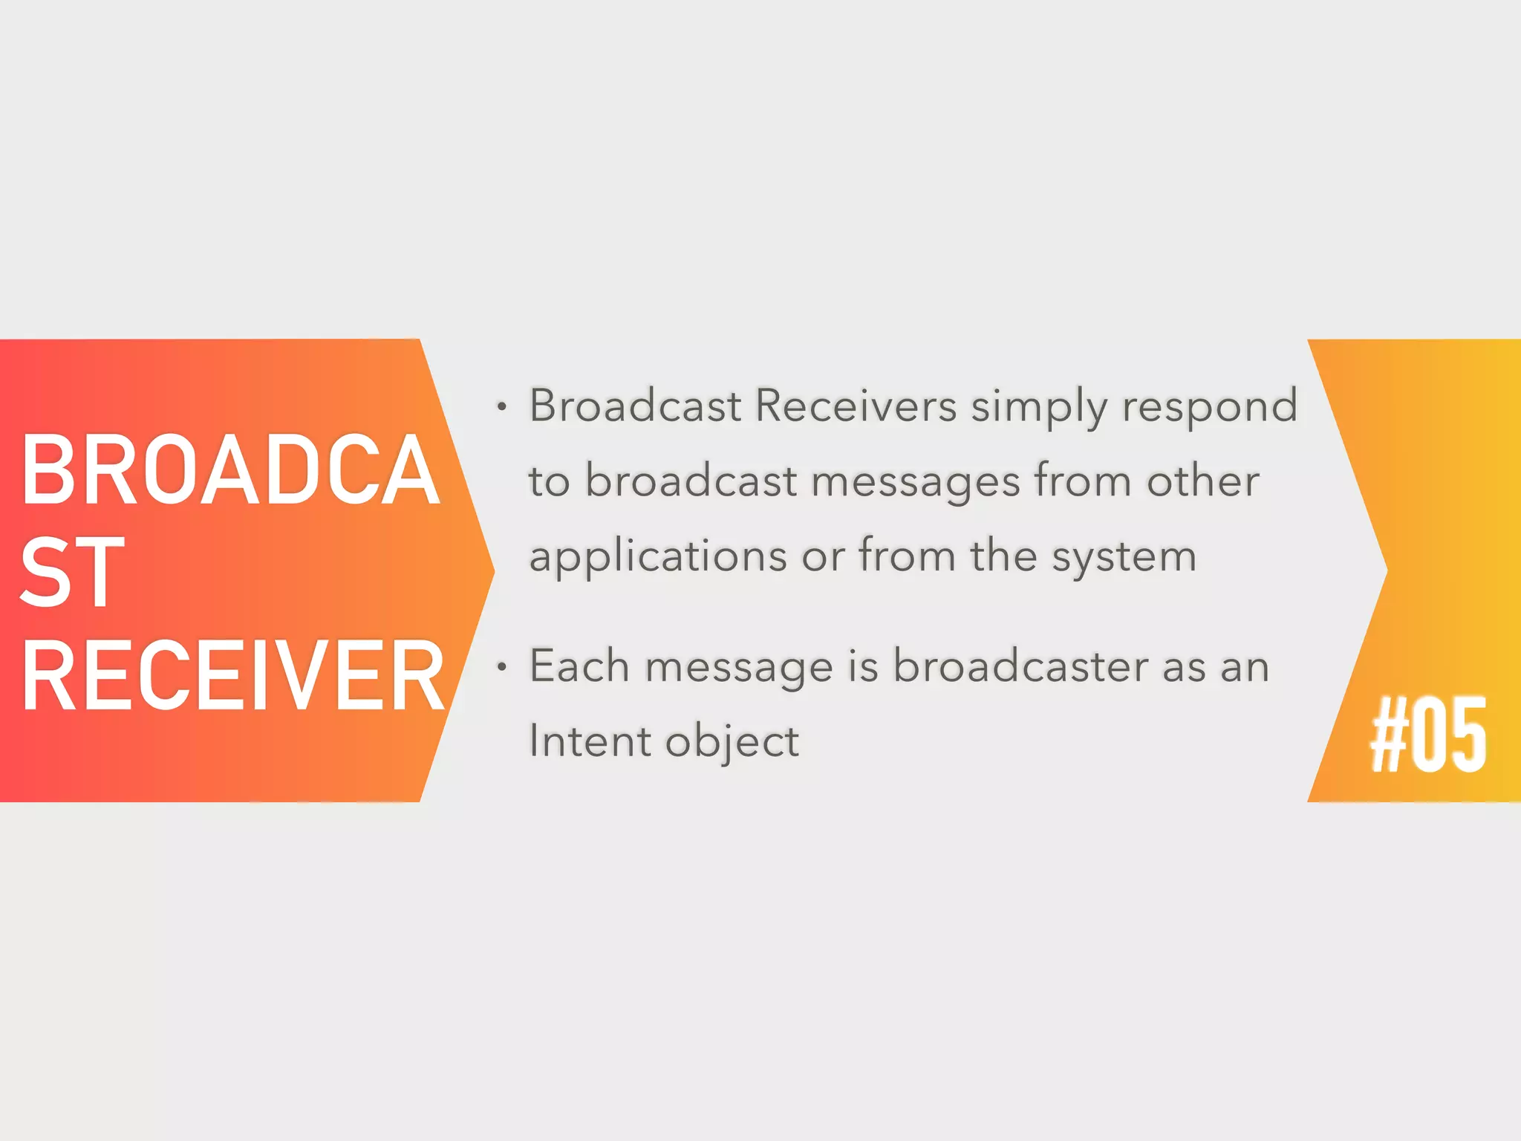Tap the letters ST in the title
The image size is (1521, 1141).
(x=72, y=572)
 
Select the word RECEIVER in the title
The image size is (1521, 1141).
(x=232, y=676)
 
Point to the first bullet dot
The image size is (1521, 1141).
(x=502, y=407)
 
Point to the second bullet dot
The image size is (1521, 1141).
(x=502, y=667)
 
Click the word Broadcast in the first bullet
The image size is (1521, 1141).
(x=635, y=406)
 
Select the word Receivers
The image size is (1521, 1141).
(x=856, y=406)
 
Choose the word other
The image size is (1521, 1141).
(x=1203, y=480)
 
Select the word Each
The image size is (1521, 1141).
(x=579, y=666)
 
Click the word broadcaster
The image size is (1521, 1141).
(x=1020, y=666)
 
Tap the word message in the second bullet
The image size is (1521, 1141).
(x=739, y=667)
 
